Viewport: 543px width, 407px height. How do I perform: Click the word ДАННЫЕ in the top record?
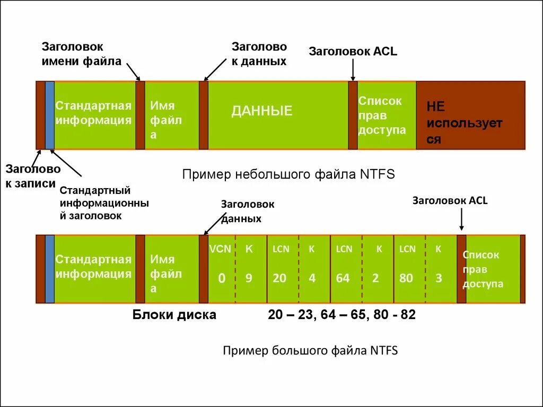261,111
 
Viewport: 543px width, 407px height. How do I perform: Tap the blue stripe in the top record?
50,115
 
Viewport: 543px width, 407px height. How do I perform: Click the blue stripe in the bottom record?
50,269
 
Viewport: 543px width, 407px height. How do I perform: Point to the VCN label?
220,249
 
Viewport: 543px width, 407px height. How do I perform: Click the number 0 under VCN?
222,278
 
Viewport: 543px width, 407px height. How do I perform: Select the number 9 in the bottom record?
248,278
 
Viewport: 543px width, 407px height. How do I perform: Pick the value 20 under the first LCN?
279,278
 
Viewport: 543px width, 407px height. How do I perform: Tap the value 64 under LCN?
343,278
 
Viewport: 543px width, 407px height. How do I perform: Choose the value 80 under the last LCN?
406,278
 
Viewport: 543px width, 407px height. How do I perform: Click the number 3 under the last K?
439,278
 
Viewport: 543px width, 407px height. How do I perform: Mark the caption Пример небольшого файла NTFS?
288,174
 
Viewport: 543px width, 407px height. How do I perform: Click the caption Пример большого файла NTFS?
310,350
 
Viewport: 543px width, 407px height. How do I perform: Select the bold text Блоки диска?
174,315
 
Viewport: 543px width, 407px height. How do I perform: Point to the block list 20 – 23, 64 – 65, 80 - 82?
341,315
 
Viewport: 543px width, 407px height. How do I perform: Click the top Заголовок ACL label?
353,51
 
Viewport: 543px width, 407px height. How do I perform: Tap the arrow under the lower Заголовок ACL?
461,219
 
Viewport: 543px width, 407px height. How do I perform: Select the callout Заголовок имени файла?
81,54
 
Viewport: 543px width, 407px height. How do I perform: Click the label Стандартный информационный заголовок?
103,203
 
